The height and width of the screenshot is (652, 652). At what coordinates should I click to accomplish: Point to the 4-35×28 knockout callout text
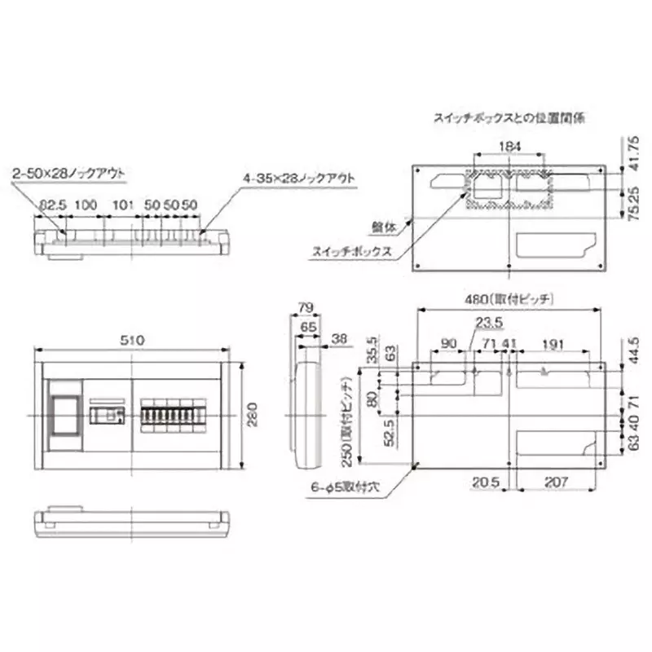[x=299, y=176]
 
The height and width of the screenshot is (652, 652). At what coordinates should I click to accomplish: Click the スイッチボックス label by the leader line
[x=347, y=253]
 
